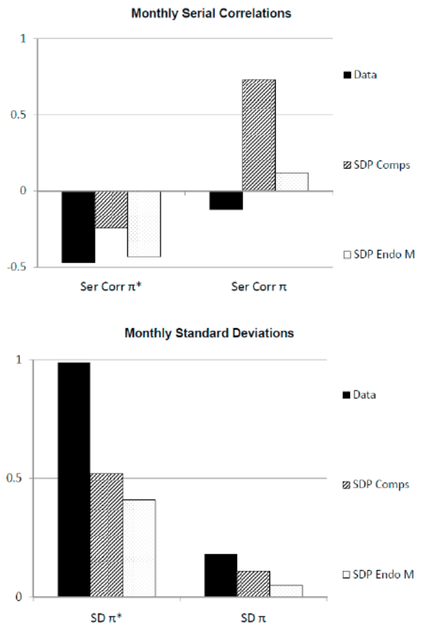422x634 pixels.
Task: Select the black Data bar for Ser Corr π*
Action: (x=78, y=227)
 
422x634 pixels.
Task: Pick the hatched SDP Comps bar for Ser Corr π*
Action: (x=111, y=209)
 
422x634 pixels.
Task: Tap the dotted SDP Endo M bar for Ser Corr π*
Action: (x=143, y=224)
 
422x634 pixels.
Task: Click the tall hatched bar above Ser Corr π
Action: (x=259, y=135)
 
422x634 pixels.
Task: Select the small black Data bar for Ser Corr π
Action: (x=226, y=200)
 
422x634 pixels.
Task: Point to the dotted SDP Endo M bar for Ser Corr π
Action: (x=291, y=182)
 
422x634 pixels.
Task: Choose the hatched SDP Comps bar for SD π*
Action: (x=106, y=535)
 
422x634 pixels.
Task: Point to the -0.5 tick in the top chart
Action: (x=20, y=267)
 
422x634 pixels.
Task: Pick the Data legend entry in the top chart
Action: (x=362, y=74)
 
